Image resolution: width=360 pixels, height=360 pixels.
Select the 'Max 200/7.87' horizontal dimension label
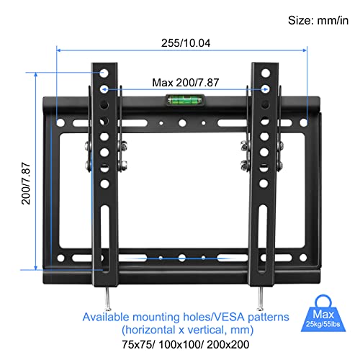click(x=183, y=82)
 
